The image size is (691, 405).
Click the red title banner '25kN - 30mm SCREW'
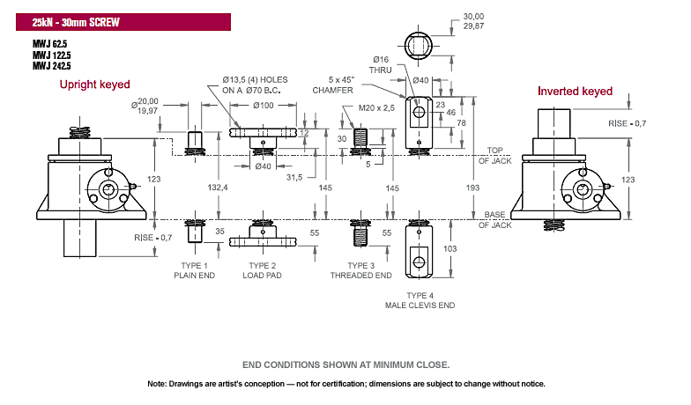click(x=123, y=22)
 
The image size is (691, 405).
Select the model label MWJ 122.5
click(x=51, y=55)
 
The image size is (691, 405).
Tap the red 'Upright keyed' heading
click(x=95, y=85)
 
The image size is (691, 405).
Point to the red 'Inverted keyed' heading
click(x=575, y=92)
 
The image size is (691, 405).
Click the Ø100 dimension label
click(x=264, y=106)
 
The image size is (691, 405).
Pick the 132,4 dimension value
click(x=218, y=188)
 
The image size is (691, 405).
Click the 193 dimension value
click(x=472, y=188)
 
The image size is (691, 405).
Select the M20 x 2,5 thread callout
click(x=376, y=107)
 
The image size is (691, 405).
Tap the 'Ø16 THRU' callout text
click(x=381, y=65)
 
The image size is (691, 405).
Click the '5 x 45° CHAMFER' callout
click(x=333, y=85)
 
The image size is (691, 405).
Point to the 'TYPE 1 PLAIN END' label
click(x=194, y=270)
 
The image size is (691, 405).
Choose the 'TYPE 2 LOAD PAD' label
click(x=263, y=270)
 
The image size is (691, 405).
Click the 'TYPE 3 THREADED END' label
click(x=361, y=270)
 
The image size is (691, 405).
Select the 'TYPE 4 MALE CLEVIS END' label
click(x=420, y=300)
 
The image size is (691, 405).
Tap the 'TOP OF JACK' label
click(x=495, y=155)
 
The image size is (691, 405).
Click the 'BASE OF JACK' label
click(x=495, y=220)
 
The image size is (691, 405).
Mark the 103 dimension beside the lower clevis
click(x=450, y=248)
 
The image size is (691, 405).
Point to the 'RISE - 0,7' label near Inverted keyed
click(x=628, y=123)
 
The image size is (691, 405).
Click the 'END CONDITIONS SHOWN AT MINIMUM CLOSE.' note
click(x=345, y=364)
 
